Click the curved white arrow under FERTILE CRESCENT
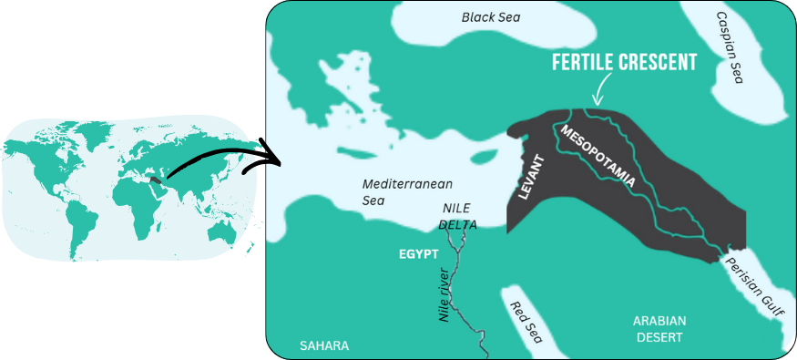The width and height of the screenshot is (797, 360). tap(599, 91)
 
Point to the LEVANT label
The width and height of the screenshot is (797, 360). tap(531, 177)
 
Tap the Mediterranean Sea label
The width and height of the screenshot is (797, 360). tap(393, 190)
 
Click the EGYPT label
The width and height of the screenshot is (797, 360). tap(419, 252)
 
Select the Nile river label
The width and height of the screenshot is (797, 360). tap(445, 292)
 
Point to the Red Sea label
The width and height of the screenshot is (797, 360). tap(526, 322)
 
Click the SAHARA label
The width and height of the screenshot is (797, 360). tap(324, 345)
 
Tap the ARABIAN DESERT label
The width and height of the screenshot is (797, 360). tap(659, 328)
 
